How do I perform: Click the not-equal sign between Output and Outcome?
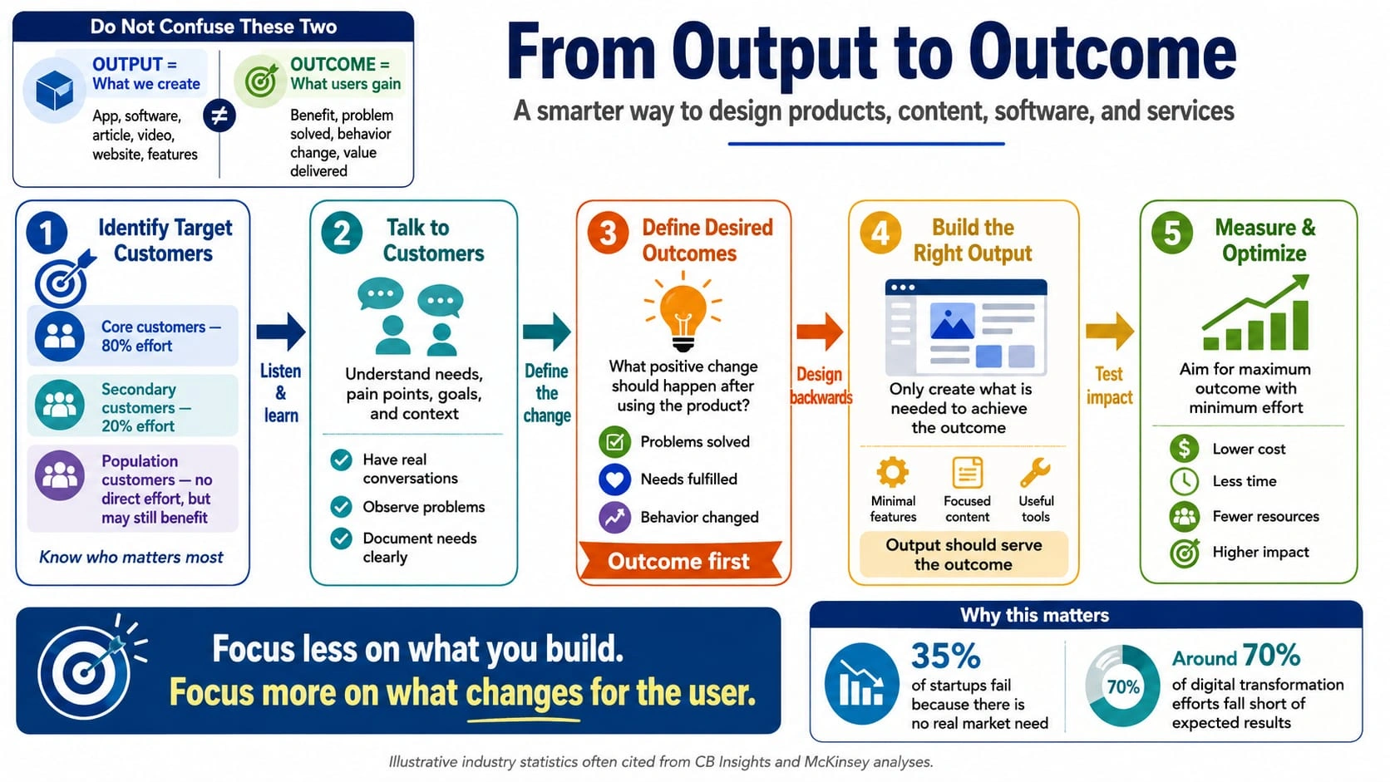[219, 116]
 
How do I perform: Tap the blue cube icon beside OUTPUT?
[55, 91]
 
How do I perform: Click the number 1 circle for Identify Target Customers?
[47, 234]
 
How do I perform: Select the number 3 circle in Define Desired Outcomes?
[609, 234]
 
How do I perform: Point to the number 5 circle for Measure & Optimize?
[1171, 234]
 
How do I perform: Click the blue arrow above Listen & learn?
[280, 331]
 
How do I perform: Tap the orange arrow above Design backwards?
[820, 331]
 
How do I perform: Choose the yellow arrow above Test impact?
[1110, 331]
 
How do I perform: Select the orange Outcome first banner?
[679, 561]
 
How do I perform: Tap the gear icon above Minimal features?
[892, 473]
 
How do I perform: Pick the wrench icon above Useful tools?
[1035, 473]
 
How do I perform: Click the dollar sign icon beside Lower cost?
[1184, 448]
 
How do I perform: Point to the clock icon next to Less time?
[1184, 481]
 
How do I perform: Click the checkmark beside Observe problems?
[341, 507]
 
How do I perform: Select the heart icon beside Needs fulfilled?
[614, 479]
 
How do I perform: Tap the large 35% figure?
[946, 656]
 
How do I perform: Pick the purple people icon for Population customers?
[60, 475]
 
